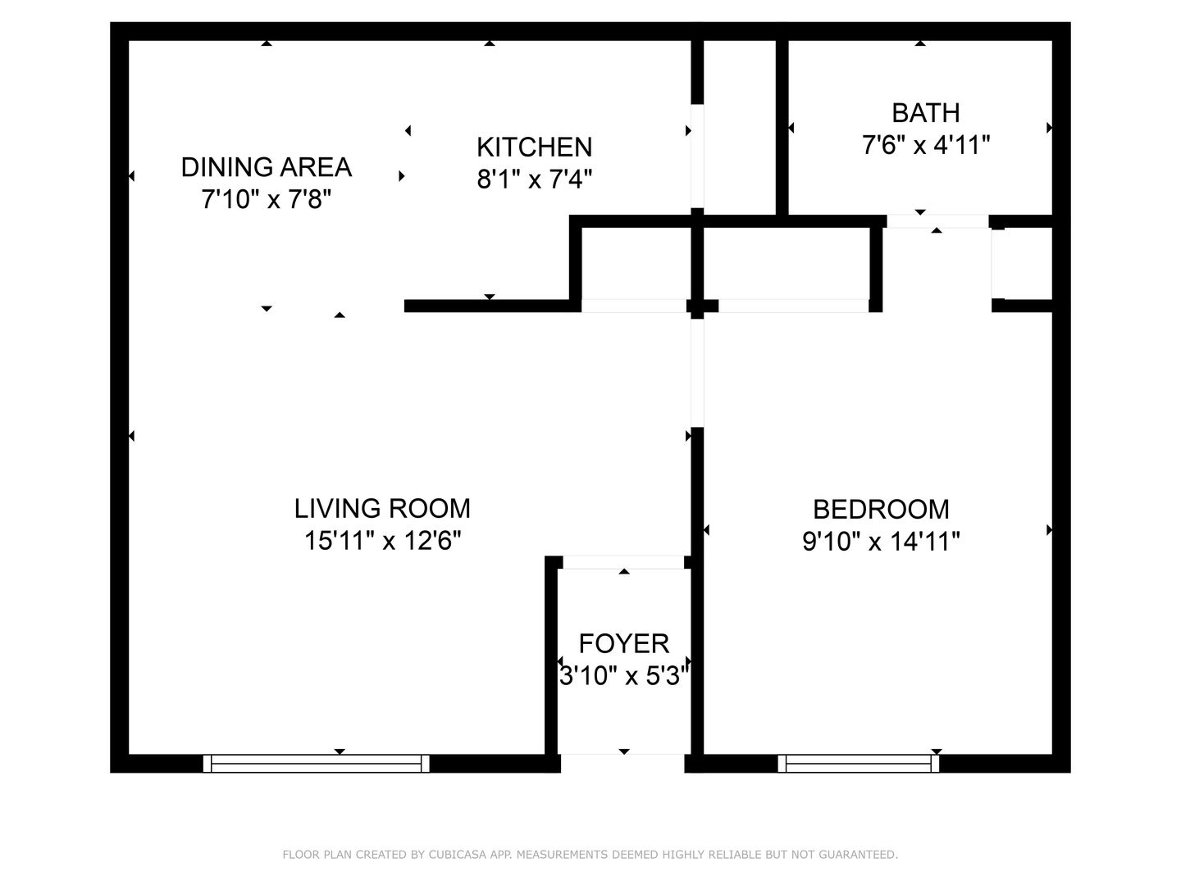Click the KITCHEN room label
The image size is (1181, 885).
pos(534,147)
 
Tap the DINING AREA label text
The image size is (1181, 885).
pos(266,167)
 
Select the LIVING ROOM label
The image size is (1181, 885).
pos(382,508)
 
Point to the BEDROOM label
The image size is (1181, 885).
pos(881,509)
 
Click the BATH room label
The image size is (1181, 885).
pos(926,112)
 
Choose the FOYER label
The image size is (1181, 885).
pos(623,643)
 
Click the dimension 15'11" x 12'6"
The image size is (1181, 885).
pos(382,541)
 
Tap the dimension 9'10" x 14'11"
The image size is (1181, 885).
pos(881,542)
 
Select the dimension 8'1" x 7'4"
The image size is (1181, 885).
pos(534,179)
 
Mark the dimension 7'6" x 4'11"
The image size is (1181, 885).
pos(926,146)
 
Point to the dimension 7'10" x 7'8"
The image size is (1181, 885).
pos(266,199)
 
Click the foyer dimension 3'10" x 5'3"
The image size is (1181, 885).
pos(623,677)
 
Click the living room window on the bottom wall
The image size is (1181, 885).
pos(316,764)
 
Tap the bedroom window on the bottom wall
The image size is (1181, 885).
pos(859,764)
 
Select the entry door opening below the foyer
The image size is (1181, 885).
pos(622,764)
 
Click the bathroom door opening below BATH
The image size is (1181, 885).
pos(937,221)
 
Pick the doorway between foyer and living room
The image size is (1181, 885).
pos(623,562)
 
